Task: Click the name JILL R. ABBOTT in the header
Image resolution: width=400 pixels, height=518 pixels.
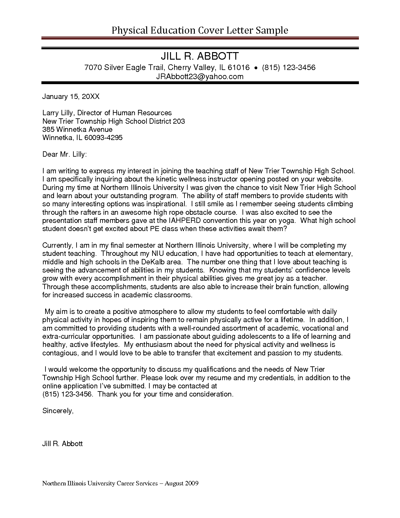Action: coord(200,57)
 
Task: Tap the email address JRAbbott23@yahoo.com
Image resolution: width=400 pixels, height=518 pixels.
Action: coord(200,77)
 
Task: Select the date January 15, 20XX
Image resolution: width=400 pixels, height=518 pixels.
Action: coord(71,96)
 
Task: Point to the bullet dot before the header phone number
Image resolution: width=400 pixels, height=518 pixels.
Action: coord(256,68)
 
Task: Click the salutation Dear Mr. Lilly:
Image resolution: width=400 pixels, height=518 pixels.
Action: coord(64,154)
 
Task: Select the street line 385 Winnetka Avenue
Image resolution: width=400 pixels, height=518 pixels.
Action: coord(77,129)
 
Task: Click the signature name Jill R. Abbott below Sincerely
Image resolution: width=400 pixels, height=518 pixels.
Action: coord(62,444)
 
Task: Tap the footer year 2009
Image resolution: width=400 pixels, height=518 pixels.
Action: coord(191,483)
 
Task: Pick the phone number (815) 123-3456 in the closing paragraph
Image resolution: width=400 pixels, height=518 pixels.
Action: coord(67,394)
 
